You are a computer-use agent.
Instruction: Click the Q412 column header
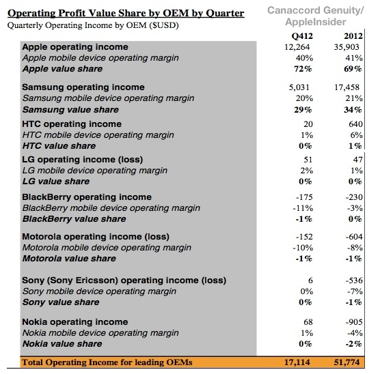[x=302, y=36]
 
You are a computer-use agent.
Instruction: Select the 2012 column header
[x=353, y=36]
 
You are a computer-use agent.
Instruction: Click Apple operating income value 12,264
[x=297, y=47]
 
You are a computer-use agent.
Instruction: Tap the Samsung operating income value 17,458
[x=347, y=87]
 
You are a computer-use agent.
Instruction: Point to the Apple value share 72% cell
[x=303, y=69]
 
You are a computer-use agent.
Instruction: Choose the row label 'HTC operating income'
[x=72, y=124]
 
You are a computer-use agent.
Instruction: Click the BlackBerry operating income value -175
[x=304, y=197]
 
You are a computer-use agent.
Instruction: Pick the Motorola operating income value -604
[x=354, y=237]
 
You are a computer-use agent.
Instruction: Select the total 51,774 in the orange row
[x=347, y=362]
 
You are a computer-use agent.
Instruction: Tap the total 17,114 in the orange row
[x=297, y=362]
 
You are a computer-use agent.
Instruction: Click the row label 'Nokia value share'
[x=62, y=344]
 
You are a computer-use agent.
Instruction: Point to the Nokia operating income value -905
[x=354, y=322]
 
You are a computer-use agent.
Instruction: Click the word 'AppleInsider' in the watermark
[x=316, y=22]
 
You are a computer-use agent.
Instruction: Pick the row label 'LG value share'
[x=56, y=182]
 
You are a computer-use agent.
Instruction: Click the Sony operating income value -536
[x=354, y=280]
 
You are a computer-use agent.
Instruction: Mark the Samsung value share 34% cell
[x=353, y=110]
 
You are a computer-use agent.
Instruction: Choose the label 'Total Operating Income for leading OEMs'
[x=107, y=362]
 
